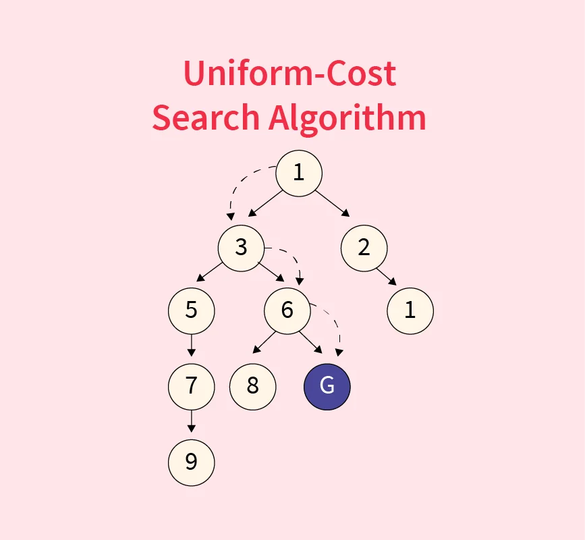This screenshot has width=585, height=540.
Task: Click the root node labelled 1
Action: coord(299,173)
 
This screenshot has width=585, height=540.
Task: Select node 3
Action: coord(241,248)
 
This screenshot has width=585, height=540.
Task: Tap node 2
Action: coord(364,248)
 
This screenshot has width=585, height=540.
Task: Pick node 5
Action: coord(192,311)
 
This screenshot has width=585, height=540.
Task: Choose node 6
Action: coord(287,311)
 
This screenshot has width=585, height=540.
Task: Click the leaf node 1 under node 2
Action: coord(410,311)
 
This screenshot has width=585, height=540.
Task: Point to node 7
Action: coord(192,387)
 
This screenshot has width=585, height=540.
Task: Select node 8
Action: coord(253,387)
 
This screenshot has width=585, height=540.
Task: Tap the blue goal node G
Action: coord(327,387)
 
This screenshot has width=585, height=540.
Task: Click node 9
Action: coord(192,462)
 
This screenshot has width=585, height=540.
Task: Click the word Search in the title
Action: coord(206,117)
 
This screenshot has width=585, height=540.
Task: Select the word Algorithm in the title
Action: coord(347,118)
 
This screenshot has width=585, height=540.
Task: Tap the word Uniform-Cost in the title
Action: coord(290,73)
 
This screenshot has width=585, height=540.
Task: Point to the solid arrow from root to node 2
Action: coord(333,203)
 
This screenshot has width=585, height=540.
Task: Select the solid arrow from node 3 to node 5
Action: coord(209,271)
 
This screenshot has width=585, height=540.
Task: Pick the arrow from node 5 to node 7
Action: coord(192,345)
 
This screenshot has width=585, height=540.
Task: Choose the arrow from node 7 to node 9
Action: coord(192,421)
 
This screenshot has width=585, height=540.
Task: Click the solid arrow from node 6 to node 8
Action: coord(264,342)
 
